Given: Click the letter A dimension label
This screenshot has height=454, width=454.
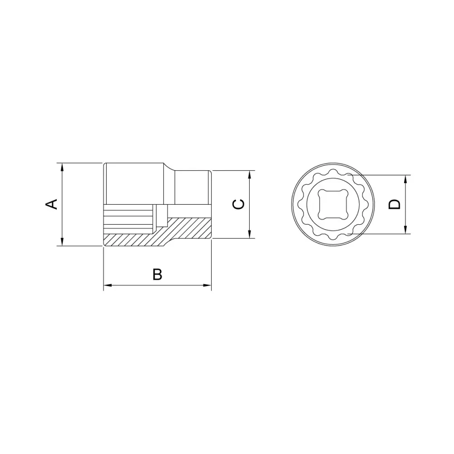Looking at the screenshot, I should coord(53,204).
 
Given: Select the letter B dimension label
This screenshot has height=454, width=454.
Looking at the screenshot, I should coord(157,275).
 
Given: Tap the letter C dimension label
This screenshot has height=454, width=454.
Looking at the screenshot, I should coord(238,204).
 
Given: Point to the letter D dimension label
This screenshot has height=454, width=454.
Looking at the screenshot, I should coord(395,204).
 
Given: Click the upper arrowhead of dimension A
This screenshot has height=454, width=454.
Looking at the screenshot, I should coord(62,166).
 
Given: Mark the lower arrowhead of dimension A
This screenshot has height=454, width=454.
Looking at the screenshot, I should coord(62,242).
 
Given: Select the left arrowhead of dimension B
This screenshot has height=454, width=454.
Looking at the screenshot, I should coord(108,286).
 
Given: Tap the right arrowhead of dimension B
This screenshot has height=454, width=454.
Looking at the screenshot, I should coord(208,286).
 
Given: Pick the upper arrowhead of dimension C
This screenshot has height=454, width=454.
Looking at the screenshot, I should coord(249,174).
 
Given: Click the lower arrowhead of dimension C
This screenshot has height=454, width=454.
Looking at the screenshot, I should coord(249,235).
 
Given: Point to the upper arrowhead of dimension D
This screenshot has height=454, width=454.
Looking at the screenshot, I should coord(405,178).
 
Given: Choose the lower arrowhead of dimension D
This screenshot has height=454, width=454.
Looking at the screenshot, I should coord(405,230).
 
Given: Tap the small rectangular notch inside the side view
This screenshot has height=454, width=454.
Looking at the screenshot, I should coord(161,215).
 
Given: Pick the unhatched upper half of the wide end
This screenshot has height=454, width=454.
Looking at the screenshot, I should coord(134,184).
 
